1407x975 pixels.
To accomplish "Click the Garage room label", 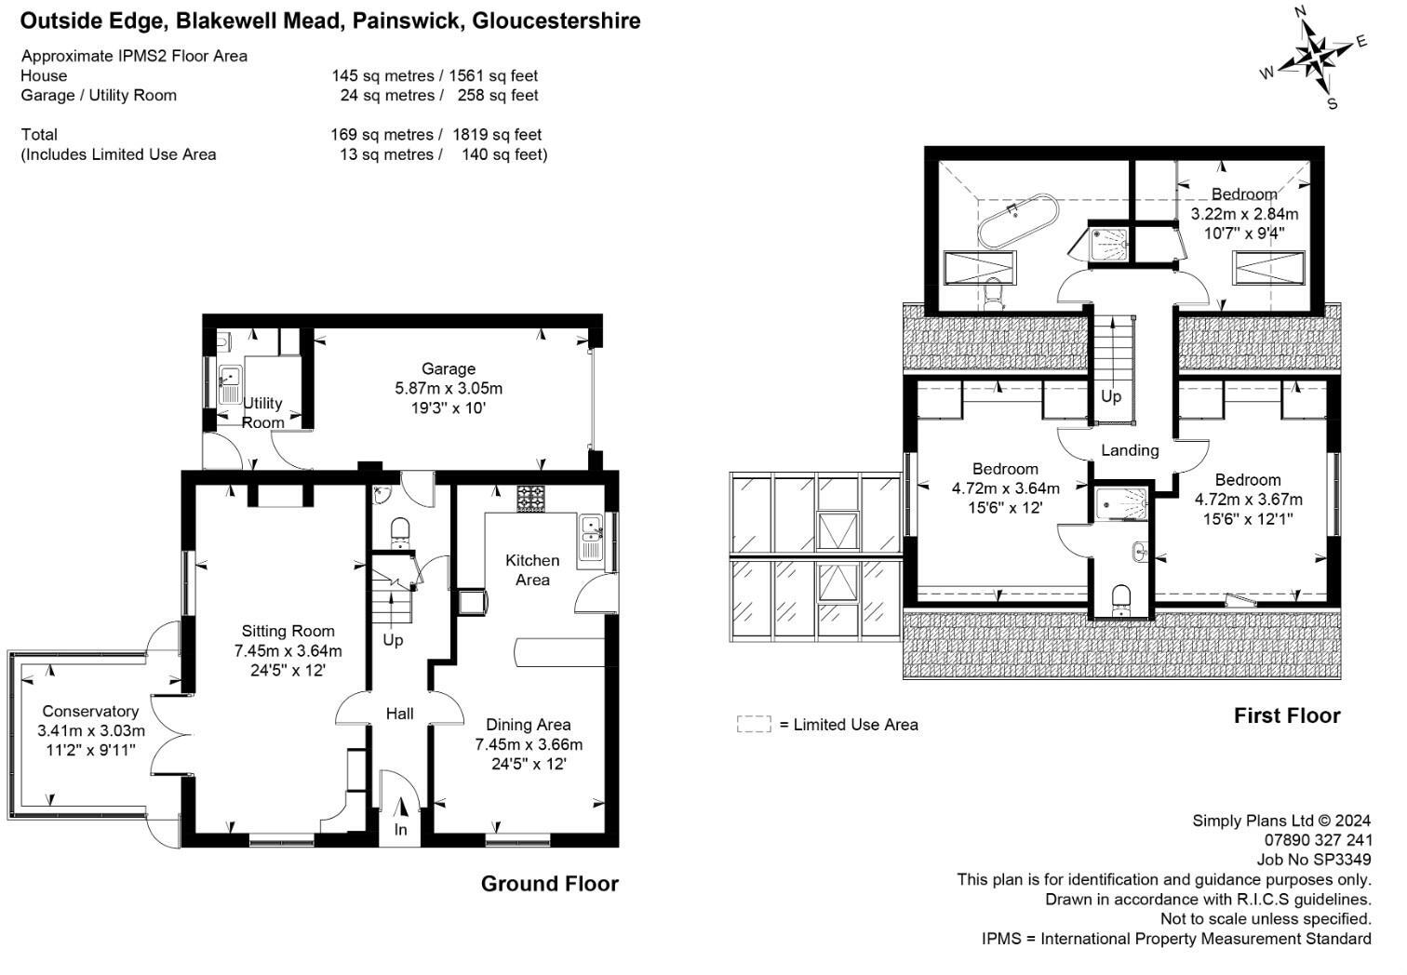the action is tap(448, 368).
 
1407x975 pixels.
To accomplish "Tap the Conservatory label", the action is tap(90, 712).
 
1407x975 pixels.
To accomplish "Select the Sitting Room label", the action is tap(288, 631).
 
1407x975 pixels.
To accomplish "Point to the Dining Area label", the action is tap(529, 724).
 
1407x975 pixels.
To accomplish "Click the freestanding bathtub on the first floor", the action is tap(1016, 220).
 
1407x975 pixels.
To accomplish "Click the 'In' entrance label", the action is tap(400, 829).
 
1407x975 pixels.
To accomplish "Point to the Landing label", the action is tap(1130, 450).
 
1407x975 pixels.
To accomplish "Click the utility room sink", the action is tap(229, 379).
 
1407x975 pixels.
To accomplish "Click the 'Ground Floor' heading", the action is tap(549, 884).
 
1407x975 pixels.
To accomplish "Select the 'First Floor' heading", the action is tap(1287, 715).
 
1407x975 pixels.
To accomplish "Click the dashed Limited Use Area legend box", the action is tap(754, 724).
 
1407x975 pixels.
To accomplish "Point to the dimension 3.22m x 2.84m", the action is tap(1244, 214).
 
